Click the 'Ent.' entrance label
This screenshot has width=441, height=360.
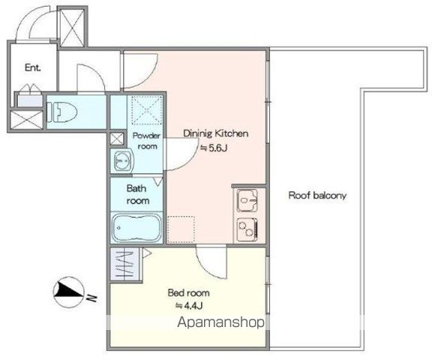pos(33,67)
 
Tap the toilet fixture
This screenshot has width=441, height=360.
pos(61,112)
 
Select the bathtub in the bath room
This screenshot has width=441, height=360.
pos(136,228)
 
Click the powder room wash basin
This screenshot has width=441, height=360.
pos(123,160)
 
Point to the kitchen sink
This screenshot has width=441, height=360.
pos(247,200)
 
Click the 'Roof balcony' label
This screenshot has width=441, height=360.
pos(317,196)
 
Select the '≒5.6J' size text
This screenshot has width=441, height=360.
pos(214,148)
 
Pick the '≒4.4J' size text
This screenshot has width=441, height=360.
pos(189,305)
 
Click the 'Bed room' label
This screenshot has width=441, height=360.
pos(189,292)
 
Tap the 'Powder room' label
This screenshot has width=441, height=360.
pos(146,141)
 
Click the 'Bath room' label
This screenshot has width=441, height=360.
pos(137,194)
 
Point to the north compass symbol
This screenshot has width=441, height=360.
pos(68,292)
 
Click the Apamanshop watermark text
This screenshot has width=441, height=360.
pos(221,322)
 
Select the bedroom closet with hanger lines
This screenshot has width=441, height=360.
pos(124,264)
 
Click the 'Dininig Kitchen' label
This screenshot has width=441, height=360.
pos(216,133)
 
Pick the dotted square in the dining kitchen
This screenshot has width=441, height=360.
pos(181,229)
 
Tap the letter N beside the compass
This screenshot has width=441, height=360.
pos(91,298)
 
